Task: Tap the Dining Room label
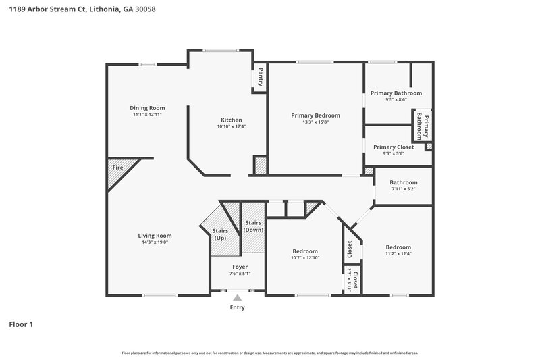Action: [147, 108]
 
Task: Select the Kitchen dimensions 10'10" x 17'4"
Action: [231, 126]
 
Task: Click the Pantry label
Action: [261, 76]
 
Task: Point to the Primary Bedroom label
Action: [315, 115]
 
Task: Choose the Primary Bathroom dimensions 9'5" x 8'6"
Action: [396, 100]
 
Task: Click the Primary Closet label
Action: [394, 147]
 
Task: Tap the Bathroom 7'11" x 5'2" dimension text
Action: [403, 189]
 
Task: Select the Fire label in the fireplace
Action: [117, 167]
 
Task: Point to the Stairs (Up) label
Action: [220, 234]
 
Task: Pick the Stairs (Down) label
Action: [253, 226]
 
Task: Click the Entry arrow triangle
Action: [237, 297]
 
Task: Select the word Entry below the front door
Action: [237, 307]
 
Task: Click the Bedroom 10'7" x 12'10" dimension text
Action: [304, 257]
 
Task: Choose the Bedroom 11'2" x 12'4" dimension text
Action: [398, 253]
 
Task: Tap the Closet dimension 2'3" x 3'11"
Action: [349, 278]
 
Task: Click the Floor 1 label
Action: [21, 325]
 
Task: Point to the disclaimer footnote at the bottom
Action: [269, 353]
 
